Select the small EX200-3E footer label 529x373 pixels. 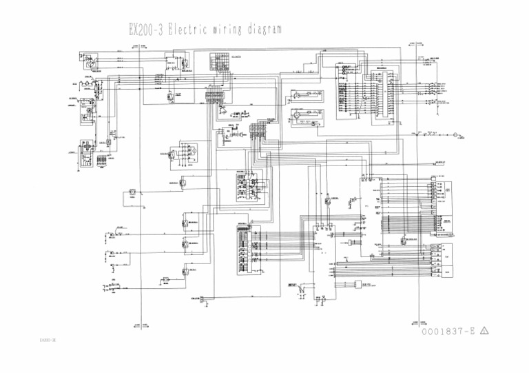click(x=48, y=341)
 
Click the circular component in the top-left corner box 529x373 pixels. click(x=87, y=60)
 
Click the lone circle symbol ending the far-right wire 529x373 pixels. click(x=455, y=133)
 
